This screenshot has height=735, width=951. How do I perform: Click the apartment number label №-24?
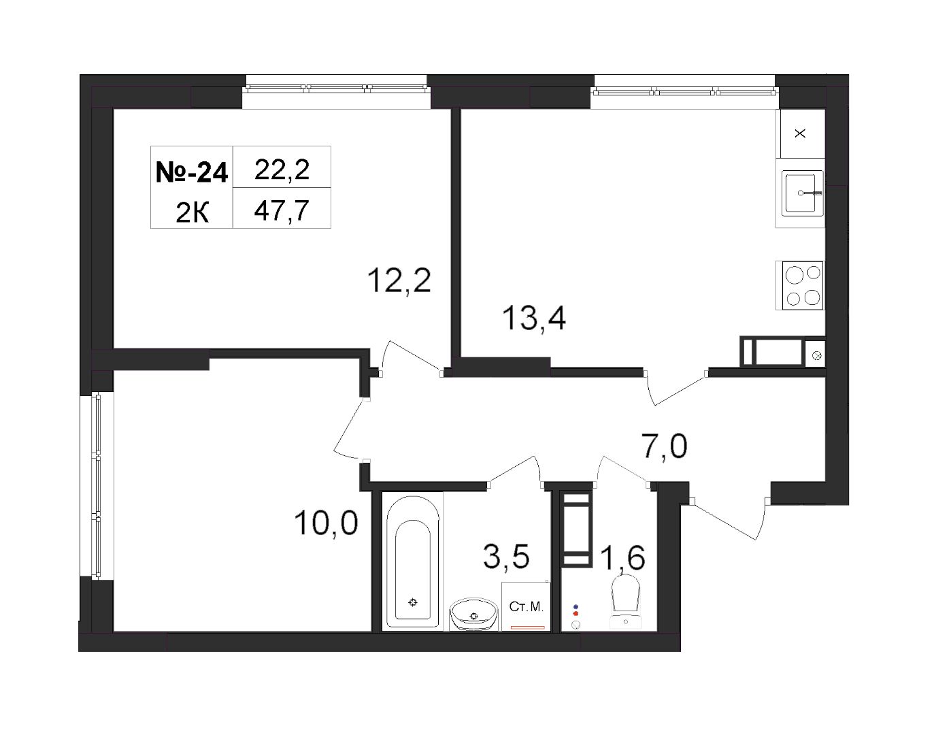[192, 172]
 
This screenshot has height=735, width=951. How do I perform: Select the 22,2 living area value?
[282, 169]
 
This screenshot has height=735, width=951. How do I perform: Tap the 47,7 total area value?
[282, 210]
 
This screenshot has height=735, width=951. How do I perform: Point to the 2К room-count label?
[192, 214]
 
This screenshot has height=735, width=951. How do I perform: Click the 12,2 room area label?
[399, 280]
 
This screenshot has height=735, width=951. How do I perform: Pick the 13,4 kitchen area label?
[534, 318]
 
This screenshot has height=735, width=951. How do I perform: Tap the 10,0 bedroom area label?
[326, 523]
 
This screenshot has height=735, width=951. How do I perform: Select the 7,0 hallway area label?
[664, 446]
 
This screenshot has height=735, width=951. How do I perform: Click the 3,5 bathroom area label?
[506, 556]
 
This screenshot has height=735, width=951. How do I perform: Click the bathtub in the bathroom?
[412, 563]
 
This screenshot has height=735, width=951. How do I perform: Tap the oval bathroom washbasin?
[473, 614]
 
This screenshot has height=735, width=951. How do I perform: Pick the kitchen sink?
[803, 193]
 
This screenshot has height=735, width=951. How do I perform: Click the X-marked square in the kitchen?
[800, 133]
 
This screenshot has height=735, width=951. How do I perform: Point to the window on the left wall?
[98, 486]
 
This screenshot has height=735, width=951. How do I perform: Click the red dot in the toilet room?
[575, 613]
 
